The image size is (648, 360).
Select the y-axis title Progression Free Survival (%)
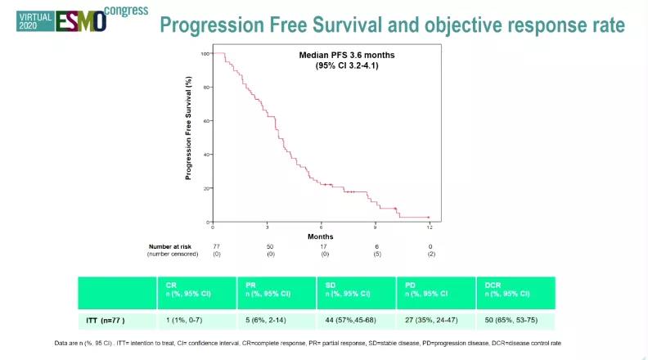pos(188,128)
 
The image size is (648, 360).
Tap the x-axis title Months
pos(320,237)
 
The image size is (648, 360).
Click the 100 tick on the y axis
pos(205,53)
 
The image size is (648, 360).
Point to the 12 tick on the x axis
pos(430,227)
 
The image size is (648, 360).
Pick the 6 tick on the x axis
pos(321,227)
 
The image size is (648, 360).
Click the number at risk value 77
pos(218,245)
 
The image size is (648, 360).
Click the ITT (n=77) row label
pos(106,320)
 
